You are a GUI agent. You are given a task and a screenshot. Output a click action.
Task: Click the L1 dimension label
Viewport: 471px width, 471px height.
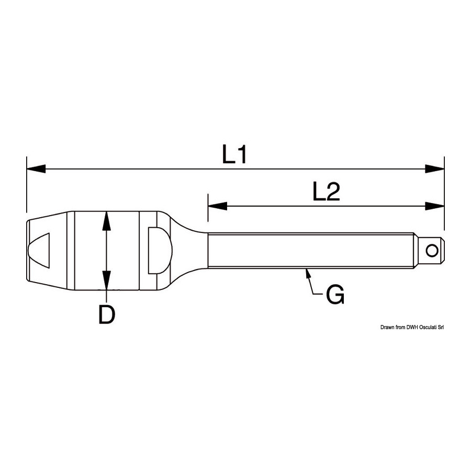tap(234, 154)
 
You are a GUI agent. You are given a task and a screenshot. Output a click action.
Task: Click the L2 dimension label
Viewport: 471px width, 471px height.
tap(326, 192)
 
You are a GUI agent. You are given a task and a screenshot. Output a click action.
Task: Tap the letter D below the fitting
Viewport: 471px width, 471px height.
tap(107, 315)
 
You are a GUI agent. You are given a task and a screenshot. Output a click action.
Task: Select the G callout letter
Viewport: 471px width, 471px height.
tap(335, 295)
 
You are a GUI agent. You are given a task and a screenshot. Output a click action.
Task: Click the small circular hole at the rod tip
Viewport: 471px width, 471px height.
tap(432, 251)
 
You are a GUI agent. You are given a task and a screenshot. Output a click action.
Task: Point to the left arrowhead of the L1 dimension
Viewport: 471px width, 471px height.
tap(36, 169)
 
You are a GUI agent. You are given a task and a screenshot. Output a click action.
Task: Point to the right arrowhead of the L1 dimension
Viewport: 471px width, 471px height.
tap(435, 169)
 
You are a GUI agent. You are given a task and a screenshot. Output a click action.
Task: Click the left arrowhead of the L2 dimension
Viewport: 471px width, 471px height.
tap(218, 206)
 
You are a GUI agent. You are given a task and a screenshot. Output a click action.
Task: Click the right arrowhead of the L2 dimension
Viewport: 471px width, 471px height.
tap(435, 206)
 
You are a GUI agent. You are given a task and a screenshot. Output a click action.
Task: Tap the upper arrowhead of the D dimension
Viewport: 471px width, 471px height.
tap(106, 221)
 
